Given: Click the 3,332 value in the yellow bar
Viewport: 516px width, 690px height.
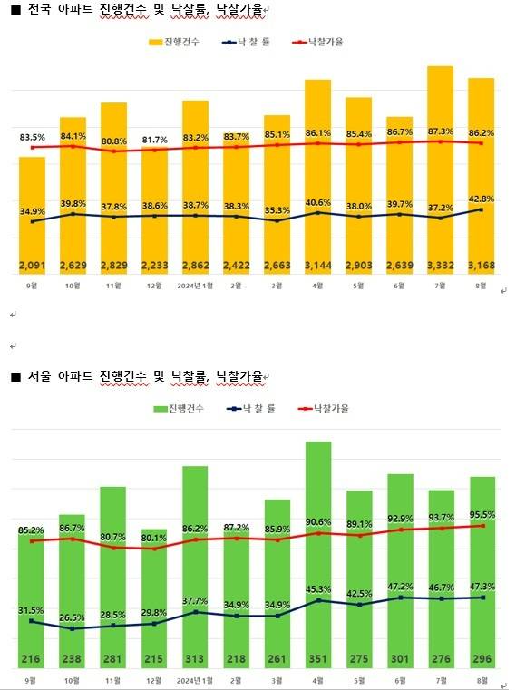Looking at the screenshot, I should pos(441,266).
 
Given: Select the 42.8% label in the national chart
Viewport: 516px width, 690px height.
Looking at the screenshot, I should pos(482,199).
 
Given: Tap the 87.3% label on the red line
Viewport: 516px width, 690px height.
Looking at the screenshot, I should pos(441,131).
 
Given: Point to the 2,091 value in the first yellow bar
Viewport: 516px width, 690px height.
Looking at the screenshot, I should pos(33,266).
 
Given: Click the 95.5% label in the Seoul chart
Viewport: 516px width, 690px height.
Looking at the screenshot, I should pos(482,514).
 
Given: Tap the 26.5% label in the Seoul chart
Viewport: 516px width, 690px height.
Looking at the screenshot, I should pos(73,617).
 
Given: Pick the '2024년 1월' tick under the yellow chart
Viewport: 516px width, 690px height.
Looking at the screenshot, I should pos(196,285).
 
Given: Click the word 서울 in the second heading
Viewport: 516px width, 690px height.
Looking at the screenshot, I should pos(41,376).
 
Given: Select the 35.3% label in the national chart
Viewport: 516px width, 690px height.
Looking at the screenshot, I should pos(277,210).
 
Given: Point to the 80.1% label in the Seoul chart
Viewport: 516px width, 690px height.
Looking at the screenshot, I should pos(155,537).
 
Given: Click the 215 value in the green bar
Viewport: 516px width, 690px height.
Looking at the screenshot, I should pos(155,658).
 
